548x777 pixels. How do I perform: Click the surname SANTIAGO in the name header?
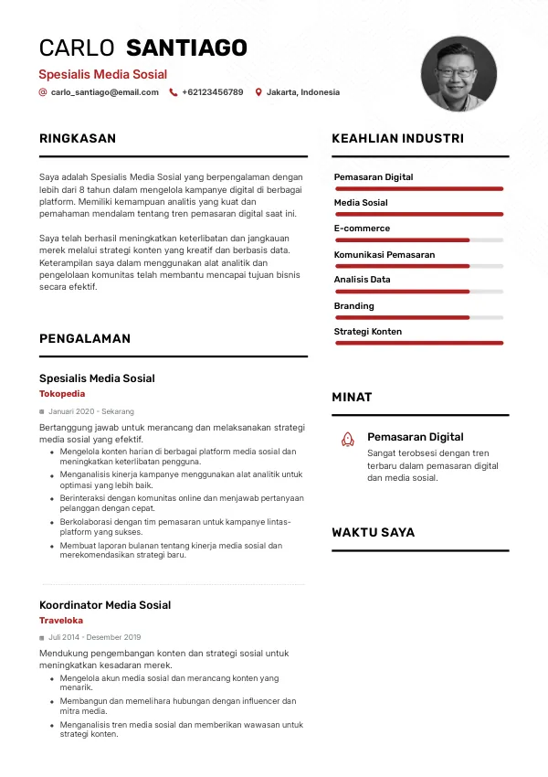tap(186, 48)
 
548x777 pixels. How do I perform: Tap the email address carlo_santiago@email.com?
tap(104, 92)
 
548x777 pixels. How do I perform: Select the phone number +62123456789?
tap(212, 92)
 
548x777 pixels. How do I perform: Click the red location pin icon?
tap(258, 92)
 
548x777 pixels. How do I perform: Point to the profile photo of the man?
tap(458, 74)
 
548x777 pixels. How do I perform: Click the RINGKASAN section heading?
tap(78, 139)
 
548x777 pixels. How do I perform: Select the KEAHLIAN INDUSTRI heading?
tap(397, 139)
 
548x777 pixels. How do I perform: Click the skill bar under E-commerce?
tap(419, 240)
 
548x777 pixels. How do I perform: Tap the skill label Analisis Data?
tap(362, 280)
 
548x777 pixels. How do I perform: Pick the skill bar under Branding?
tap(419, 317)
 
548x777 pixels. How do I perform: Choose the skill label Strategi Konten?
tap(367, 332)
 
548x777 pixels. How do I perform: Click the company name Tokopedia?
tap(62, 394)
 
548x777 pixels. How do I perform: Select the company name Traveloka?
tap(61, 621)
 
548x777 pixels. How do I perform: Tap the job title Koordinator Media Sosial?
tap(105, 605)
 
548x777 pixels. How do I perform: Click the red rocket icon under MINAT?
tap(347, 440)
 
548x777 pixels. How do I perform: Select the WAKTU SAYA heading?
tap(373, 532)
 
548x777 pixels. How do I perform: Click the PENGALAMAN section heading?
tap(85, 338)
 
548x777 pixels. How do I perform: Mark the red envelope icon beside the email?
tap(43, 92)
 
